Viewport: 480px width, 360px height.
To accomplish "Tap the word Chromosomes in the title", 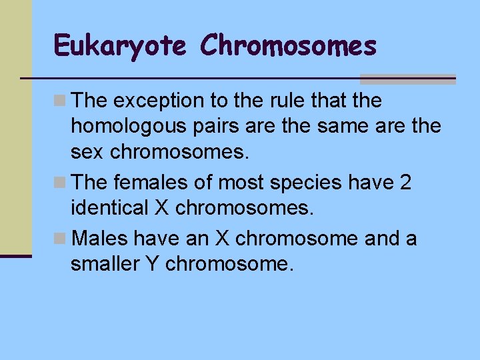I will tap(288, 46).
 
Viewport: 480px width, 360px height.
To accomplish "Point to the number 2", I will tap(406, 182).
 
